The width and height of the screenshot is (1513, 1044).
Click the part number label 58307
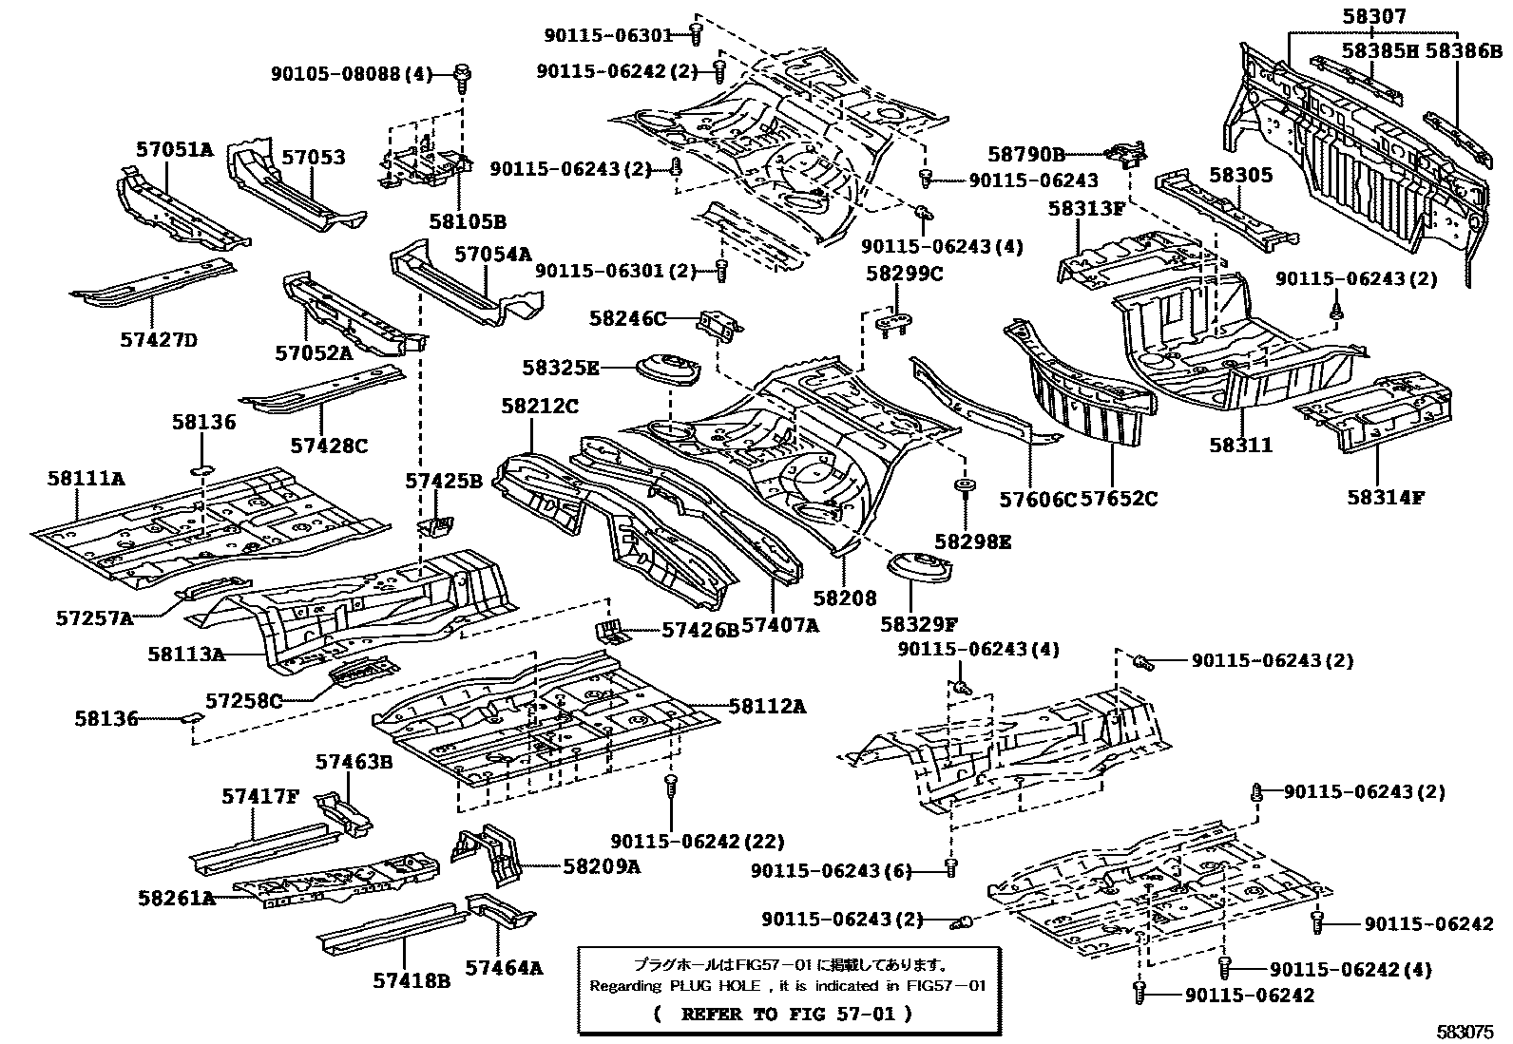tap(1374, 16)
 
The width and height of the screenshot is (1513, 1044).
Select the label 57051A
tap(174, 149)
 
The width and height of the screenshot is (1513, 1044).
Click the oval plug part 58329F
tap(920, 572)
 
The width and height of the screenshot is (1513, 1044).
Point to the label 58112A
tap(767, 706)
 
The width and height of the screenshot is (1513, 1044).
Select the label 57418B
tap(411, 979)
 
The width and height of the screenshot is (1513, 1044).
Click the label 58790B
tap(1026, 153)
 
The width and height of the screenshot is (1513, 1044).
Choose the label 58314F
tap(1385, 496)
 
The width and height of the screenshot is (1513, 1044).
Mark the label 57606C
tap(1037, 498)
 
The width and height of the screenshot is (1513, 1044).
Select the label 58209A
tap(602, 865)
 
